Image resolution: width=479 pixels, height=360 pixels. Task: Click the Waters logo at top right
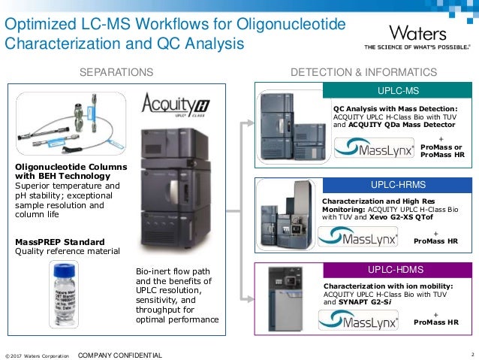pyautogui.click(x=417, y=34)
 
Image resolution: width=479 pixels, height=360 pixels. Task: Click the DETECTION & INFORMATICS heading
pyautogui.click(x=363, y=72)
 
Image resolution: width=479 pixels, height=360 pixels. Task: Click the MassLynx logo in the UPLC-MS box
pyautogui.click(x=366, y=150)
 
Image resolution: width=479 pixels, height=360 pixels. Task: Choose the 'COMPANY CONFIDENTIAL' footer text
pyautogui.click(x=119, y=354)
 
